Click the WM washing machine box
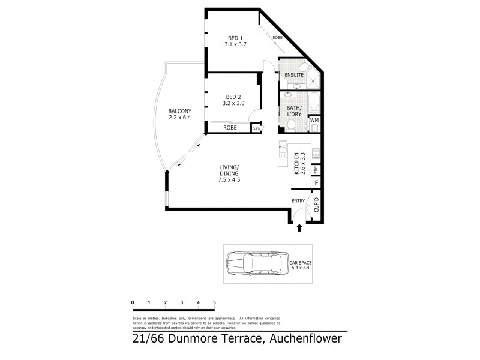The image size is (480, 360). (x=314, y=121)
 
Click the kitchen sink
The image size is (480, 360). (x=283, y=148)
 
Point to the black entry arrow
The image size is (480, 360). (x=299, y=227)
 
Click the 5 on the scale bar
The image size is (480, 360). (x=214, y=302)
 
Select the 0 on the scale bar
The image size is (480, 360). (x=132, y=302)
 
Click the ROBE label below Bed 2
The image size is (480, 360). (x=230, y=128)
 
